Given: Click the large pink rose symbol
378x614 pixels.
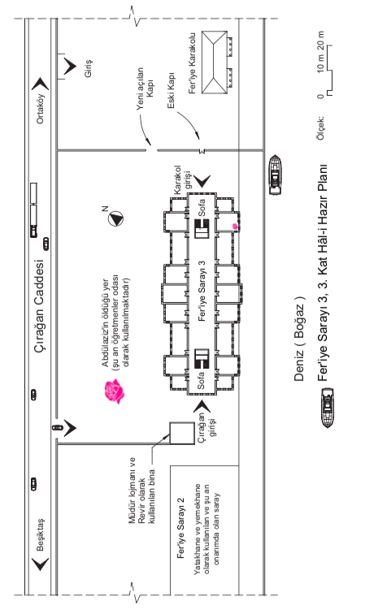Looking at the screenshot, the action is coord(114,391).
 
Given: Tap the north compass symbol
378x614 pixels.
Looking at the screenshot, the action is coord(115,218).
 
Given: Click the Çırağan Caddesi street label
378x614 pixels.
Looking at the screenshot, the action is coord(40,306).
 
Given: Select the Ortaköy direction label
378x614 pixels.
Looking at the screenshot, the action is coord(41,109).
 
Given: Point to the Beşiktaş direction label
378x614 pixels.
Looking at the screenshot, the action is coord(41,534).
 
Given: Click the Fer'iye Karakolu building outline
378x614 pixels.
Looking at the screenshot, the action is coord(215,63).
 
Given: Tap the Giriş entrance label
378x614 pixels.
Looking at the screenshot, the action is coord(89,68).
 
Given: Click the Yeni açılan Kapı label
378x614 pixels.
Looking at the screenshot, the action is coord(145,89).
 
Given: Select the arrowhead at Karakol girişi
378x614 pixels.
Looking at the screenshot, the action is coord(202,181).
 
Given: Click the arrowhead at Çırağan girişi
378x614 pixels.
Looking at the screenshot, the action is coord(202,406).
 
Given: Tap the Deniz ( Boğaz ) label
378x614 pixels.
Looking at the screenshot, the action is coord(299,339).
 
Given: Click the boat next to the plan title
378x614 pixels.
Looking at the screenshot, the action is coord(328,407).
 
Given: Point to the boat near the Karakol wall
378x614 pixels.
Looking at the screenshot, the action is coord(276,175).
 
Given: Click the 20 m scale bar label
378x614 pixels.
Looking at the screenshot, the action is coord(321,41).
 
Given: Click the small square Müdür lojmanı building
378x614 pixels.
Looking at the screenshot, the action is coord(182,433).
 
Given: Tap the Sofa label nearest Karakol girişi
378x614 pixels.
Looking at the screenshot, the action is coord(201,208).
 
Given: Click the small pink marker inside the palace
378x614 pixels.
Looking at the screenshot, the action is coord(235,226).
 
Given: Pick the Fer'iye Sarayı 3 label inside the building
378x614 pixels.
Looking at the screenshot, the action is coord(202,291).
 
